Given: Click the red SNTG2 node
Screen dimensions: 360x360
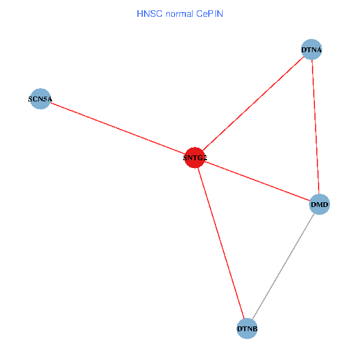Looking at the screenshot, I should [x=195, y=158].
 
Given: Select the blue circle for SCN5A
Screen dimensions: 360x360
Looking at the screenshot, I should [x=40, y=98].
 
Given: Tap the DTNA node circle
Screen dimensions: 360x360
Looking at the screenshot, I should [x=311, y=50].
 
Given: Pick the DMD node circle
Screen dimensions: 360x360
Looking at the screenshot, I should [x=319, y=205].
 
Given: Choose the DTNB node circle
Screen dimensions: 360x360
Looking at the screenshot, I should [x=247, y=329].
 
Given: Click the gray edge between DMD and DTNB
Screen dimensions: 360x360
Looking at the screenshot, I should [x=283, y=267].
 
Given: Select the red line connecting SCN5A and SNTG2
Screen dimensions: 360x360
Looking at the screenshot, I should [x=118, y=128].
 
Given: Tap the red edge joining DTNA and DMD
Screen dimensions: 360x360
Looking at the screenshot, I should [x=316, y=127].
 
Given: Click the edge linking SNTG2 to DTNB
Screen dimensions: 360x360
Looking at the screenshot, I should [x=221, y=243].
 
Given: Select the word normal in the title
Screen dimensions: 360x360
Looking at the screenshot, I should [x=178, y=13].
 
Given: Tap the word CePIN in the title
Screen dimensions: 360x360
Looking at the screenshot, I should [x=209, y=13].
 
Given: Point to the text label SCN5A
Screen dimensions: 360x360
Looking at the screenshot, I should [x=40, y=98].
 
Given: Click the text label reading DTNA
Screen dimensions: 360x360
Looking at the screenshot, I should [x=311, y=50].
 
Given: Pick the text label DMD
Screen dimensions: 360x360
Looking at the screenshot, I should [x=319, y=205].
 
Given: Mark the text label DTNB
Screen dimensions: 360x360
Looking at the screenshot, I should [x=247, y=329].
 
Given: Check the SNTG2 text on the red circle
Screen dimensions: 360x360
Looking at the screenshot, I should [x=195, y=158].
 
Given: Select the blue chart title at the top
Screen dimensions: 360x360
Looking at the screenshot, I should [x=180, y=13].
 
